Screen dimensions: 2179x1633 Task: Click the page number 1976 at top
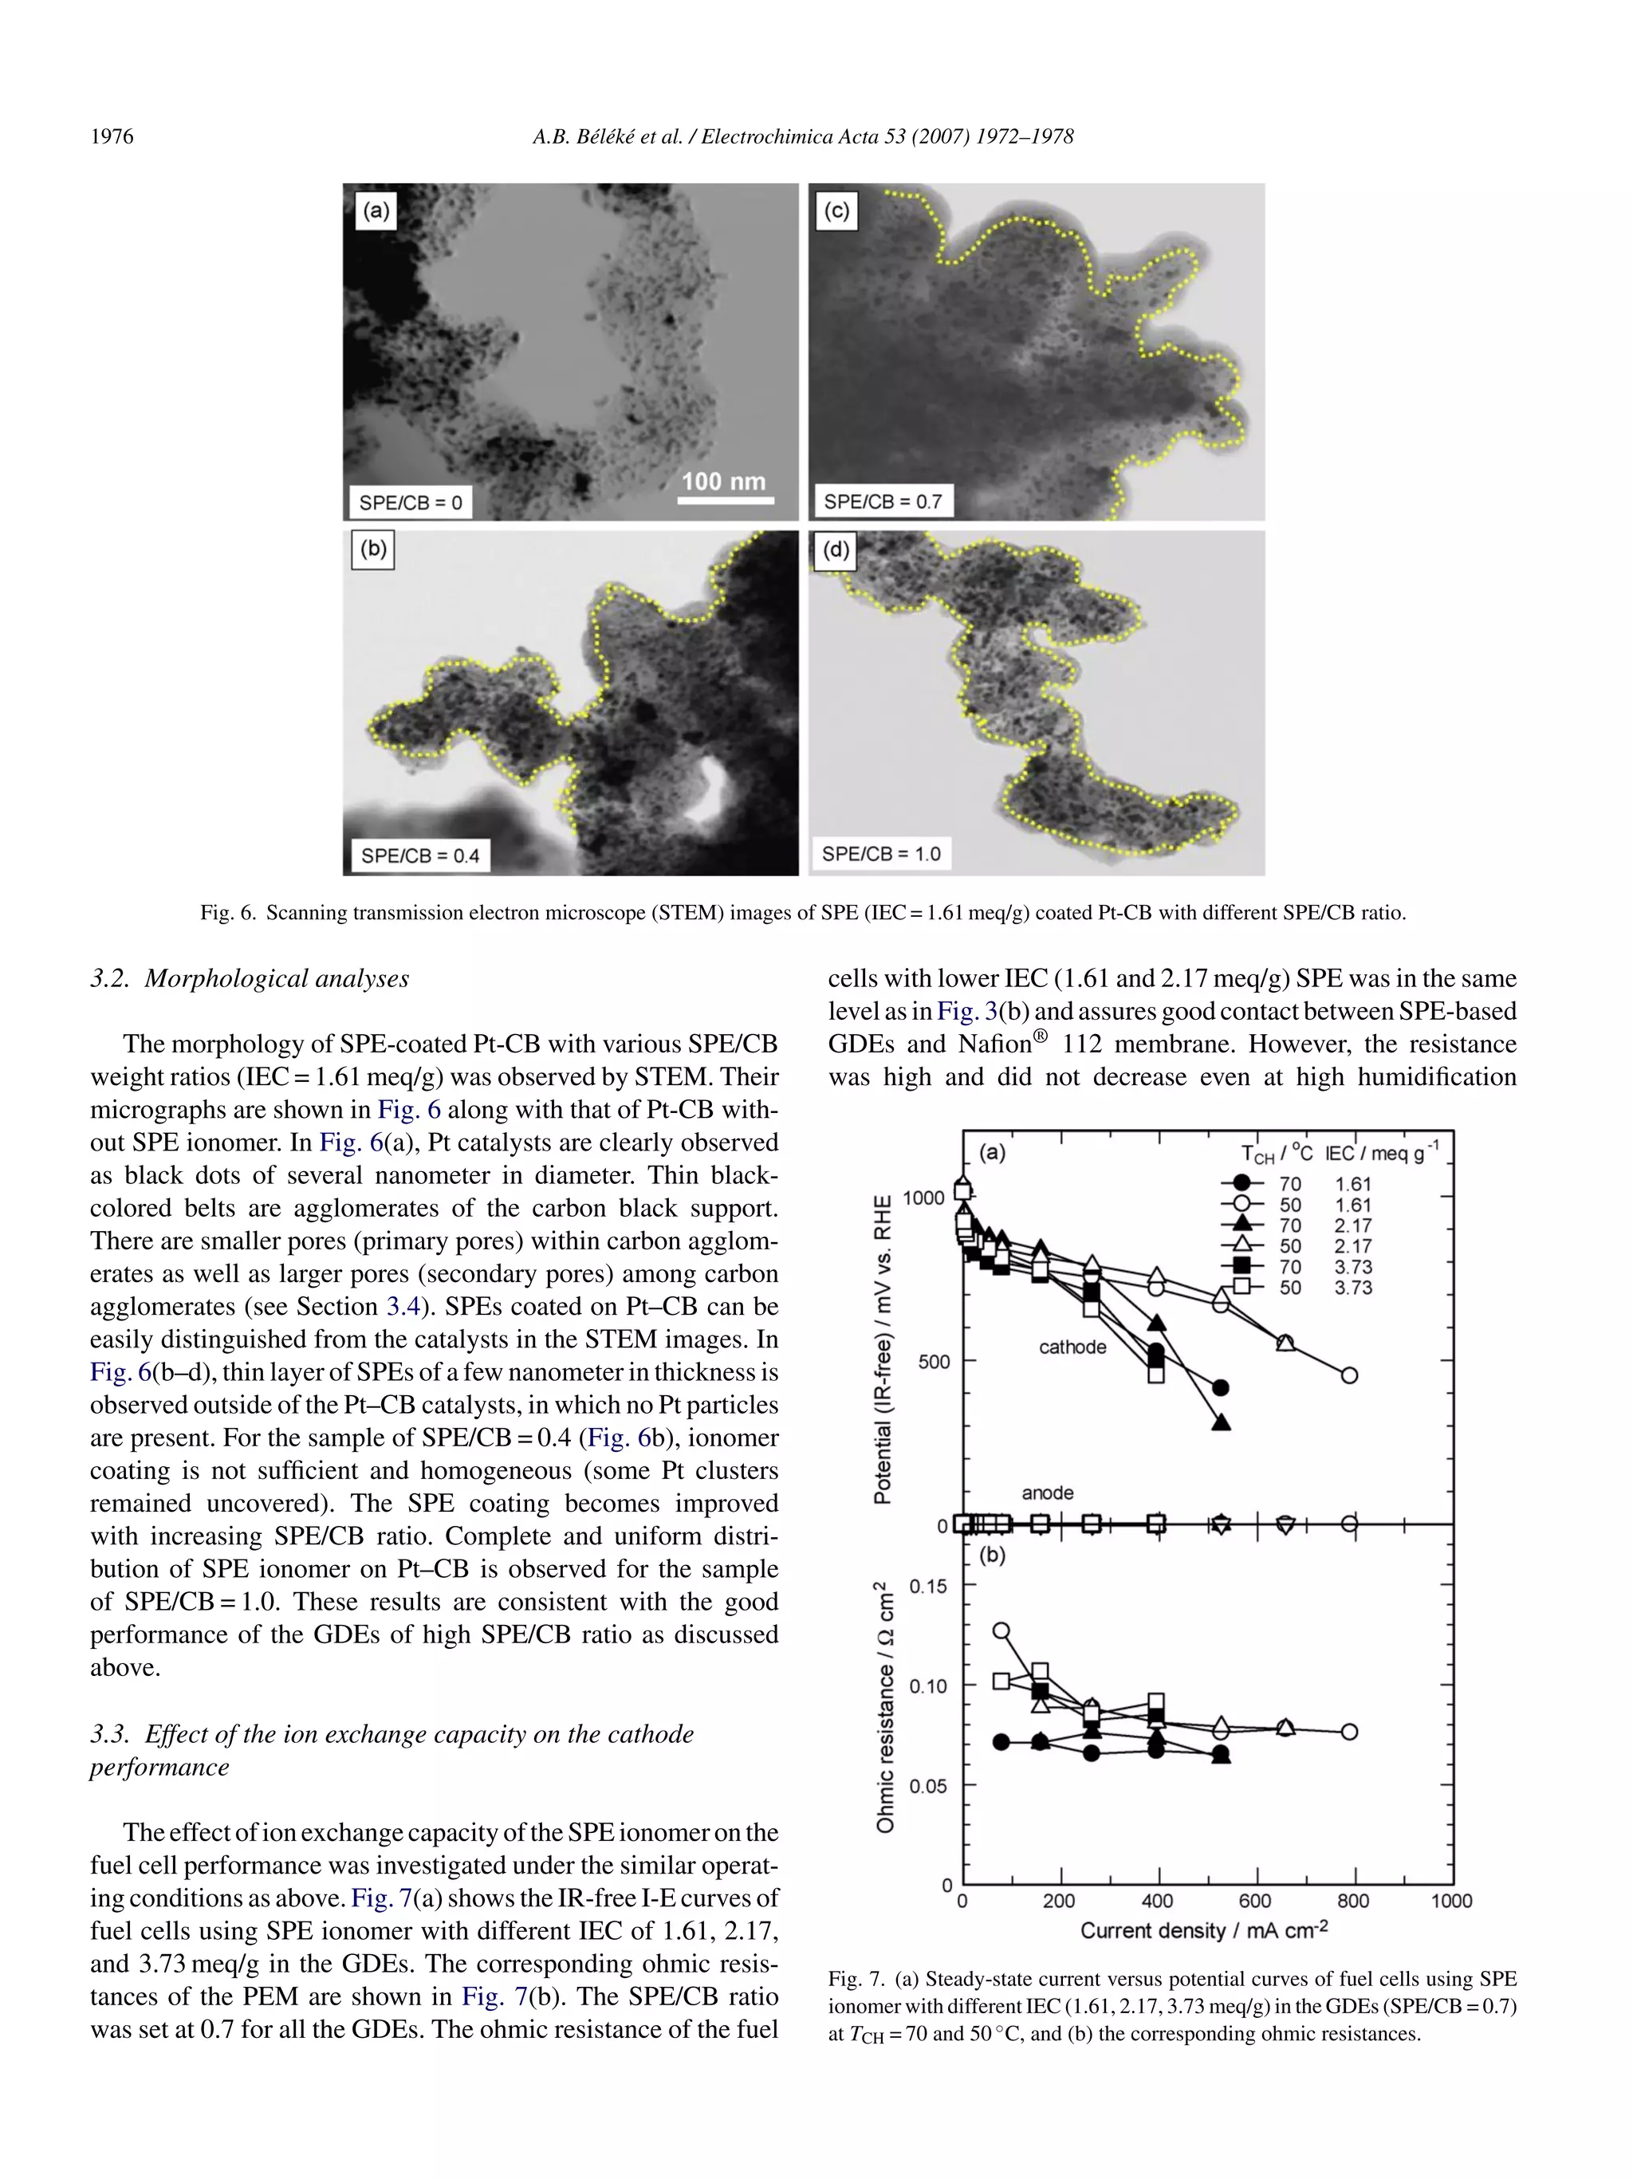[112, 136]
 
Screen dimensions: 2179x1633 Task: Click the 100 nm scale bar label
[723, 481]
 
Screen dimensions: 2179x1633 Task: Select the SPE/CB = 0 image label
[410, 502]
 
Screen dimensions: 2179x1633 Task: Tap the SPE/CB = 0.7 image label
[882, 501]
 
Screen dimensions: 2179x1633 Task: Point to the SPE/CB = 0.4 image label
[419, 855]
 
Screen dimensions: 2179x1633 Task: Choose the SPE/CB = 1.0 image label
[880, 853]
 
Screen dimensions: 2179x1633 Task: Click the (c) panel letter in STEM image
[836, 210]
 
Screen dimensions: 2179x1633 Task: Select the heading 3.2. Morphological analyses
[250, 978]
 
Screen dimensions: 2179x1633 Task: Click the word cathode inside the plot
[1072, 1347]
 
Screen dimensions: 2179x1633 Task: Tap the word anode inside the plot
[1047, 1493]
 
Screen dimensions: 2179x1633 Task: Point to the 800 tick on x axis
[1353, 1900]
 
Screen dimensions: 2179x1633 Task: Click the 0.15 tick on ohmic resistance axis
[928, 1585]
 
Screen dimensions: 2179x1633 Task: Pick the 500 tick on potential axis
[933, 1362]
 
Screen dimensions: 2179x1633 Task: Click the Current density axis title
[1203, 1929]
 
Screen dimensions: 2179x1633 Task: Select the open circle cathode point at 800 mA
[1349, 1375]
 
